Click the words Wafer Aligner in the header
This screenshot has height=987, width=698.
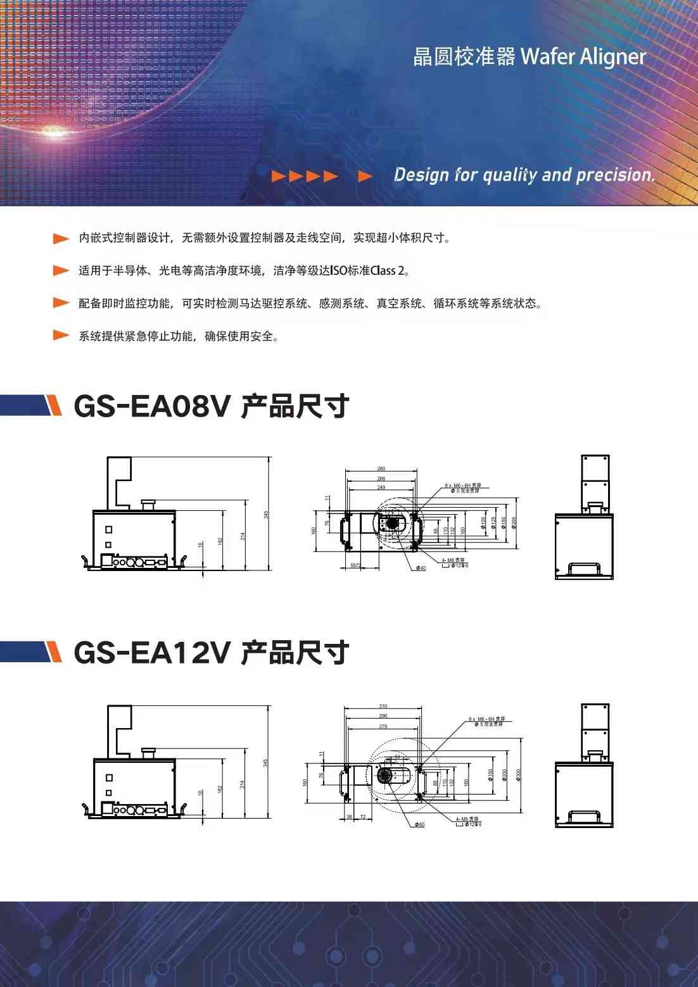(583, 57)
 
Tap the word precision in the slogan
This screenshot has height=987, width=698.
(614, 175)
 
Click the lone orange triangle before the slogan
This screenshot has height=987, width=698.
(365, 176)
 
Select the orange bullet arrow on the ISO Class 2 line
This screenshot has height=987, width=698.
(61, 271)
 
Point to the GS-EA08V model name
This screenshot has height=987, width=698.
(152, 406)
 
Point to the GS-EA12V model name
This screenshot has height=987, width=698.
(152, 653)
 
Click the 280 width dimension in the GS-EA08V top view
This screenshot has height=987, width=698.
(381, 468)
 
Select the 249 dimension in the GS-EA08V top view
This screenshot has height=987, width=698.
(381, 487)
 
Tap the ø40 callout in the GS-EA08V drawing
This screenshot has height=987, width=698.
(421, 569)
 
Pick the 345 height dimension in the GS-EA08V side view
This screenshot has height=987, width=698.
(266, 515)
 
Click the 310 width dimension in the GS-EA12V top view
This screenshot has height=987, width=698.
(383, 706)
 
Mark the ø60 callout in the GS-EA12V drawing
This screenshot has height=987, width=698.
(420, 824)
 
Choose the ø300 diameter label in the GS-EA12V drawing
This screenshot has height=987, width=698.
(519, 775)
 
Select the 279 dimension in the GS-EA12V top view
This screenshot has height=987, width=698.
(383, 726)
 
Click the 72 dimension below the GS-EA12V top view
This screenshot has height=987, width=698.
(363, 817)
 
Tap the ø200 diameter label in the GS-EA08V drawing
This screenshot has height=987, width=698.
(514, 523)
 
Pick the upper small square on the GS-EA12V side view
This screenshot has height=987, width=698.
(109, 777)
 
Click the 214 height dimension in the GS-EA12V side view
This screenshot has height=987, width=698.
(243, 784)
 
